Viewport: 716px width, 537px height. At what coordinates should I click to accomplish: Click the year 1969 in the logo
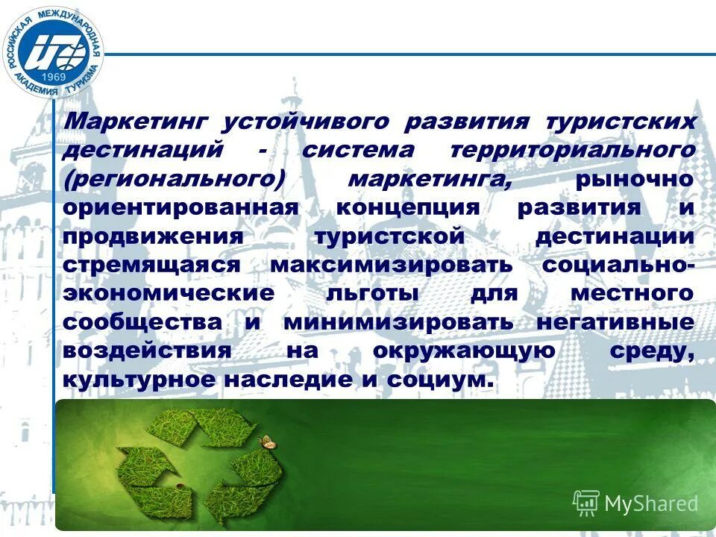(x=53, y=78)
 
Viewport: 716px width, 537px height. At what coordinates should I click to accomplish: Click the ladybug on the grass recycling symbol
(x=179, y=486)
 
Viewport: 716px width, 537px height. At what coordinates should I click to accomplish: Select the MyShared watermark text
(x=651, y=503)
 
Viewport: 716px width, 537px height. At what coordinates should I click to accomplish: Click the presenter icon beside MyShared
(x=586, y=503)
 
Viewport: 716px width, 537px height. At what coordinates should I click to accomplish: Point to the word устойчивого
(x=308, y=122)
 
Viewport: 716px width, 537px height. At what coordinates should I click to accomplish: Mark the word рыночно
(x=634, y=179)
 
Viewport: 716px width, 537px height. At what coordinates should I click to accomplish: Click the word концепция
(x=407, y=207)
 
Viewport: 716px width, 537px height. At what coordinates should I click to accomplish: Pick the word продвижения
(x=153, y=236)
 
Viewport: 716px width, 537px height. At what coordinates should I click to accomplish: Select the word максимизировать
(x=392, y=265)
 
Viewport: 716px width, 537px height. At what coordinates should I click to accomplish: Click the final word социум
(x=441, y=380)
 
